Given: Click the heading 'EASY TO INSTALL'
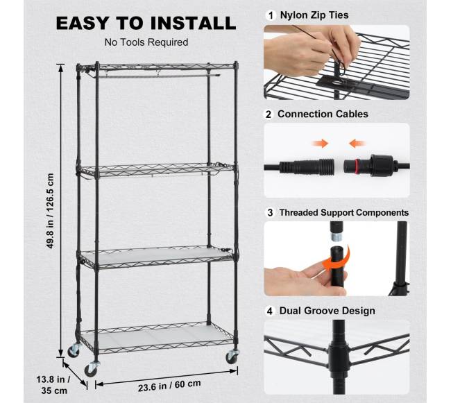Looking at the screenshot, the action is (146, 23).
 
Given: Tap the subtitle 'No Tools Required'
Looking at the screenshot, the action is (146, 42).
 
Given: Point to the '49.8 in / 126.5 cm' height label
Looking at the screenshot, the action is (51, 211).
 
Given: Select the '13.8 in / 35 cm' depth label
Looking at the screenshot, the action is (53, 385).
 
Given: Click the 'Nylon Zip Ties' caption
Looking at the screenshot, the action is (314, 15).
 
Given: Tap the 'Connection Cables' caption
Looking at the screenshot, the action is (323, 114).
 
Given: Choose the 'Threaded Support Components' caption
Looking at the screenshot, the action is (344, 213).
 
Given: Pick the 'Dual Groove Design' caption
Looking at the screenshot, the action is (327, 311).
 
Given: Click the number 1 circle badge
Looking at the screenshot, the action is (271, 15).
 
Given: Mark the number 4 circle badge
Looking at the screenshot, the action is (269, 311).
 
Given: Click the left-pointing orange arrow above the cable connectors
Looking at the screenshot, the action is (357, 143).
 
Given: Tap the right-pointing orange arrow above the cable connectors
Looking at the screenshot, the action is (321, 143).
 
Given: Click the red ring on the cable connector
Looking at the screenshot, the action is (357, 166).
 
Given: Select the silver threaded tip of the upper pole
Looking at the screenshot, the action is (335, 237).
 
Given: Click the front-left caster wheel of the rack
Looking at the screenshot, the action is (92, 370).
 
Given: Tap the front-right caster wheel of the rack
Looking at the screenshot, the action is (232, 357).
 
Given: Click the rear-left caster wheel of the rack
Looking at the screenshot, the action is (74, 350).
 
